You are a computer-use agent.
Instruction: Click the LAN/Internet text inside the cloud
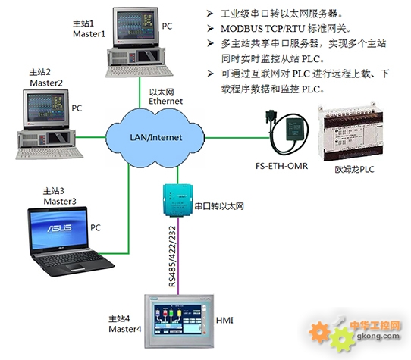pyautogui.click(x=156, y=137)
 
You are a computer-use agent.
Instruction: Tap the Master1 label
pyautogui.click(x=89, y=34)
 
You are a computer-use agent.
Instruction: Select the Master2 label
pyautogui.click(x=46, y=83)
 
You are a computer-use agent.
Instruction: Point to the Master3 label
pyautogui.click(x=60, y=202)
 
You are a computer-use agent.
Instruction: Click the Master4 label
pyautogui.click(x=125, y=329)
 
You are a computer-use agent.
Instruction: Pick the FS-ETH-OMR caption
pyautogui.click(x=282, y=166)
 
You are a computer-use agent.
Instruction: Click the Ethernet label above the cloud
pyautogui.click(x=165, y=101)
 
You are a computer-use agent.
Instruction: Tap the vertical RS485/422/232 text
pyautogui.click(x=172, y=256)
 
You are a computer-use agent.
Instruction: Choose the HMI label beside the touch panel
pyautogui.click(x=224, y=320)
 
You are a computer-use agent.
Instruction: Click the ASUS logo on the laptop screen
pyautogui.click(x=59, y=228)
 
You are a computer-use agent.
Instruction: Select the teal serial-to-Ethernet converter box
pyautogui.click(x=178, y=200)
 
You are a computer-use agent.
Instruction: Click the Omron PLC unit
pyautogui.click(x=350, y=132)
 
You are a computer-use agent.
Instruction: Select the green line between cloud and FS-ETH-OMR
pyautogui.click(x=237, y=137)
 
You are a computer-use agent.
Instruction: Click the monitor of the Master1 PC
pyautogui.click(x=136, y=27)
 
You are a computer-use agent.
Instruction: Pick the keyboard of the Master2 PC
pyautogui.click(x=49, y=154)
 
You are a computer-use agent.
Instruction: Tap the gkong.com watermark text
pyautogui.click(x=378, y=337)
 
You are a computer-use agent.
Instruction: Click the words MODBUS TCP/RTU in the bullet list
pyautogui.click(x=262, y=29)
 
